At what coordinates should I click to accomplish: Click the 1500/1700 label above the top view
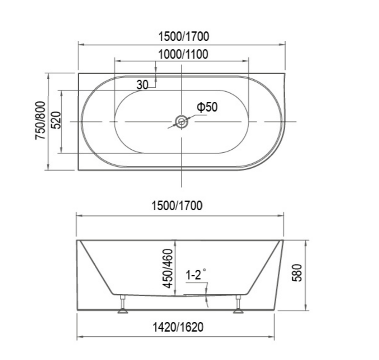(x=183, y=37)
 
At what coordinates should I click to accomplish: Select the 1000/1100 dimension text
(x=183, y=54)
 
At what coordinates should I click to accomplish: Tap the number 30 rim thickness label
(x=142, y=85)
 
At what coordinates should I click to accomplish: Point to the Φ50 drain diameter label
(x=206, y=107)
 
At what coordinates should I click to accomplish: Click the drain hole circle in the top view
(x=181, y=122)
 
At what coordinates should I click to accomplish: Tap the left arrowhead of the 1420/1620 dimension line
(x=79, y=338)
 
